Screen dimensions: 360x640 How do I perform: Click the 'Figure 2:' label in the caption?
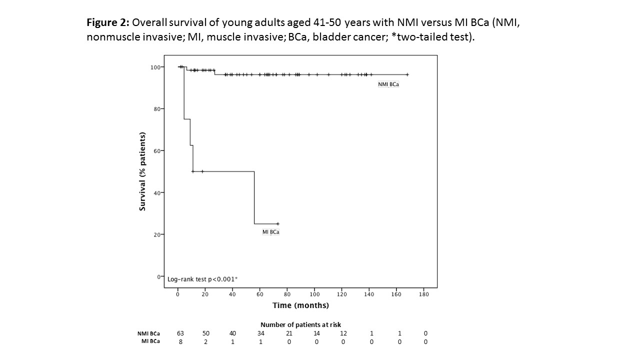[108, 22]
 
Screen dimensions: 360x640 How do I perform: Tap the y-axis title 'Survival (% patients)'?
[142, 171]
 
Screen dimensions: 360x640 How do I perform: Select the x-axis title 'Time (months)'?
[300, 305]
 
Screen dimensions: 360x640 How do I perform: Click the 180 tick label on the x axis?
[423, 294]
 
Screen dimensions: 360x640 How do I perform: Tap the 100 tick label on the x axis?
[314, 294]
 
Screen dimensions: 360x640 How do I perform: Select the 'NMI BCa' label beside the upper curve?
[388, 84]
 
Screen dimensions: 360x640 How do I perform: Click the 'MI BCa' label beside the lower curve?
[271, 232]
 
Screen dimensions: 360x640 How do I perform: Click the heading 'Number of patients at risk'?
[300, 325]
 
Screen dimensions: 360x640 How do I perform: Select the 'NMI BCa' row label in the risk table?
[149, 333]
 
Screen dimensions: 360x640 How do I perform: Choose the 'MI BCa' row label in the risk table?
[150, 341]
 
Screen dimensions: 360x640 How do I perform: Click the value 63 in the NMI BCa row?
[180, 333]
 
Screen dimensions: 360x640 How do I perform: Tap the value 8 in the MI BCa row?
[180, 341]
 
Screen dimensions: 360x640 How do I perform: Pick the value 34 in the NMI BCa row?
[262, 333]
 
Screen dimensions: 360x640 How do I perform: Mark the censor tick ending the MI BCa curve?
[277, 223]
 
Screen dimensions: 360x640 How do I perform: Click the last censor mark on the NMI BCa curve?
[407, 74]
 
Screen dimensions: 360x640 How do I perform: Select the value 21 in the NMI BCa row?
[289, 333]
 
